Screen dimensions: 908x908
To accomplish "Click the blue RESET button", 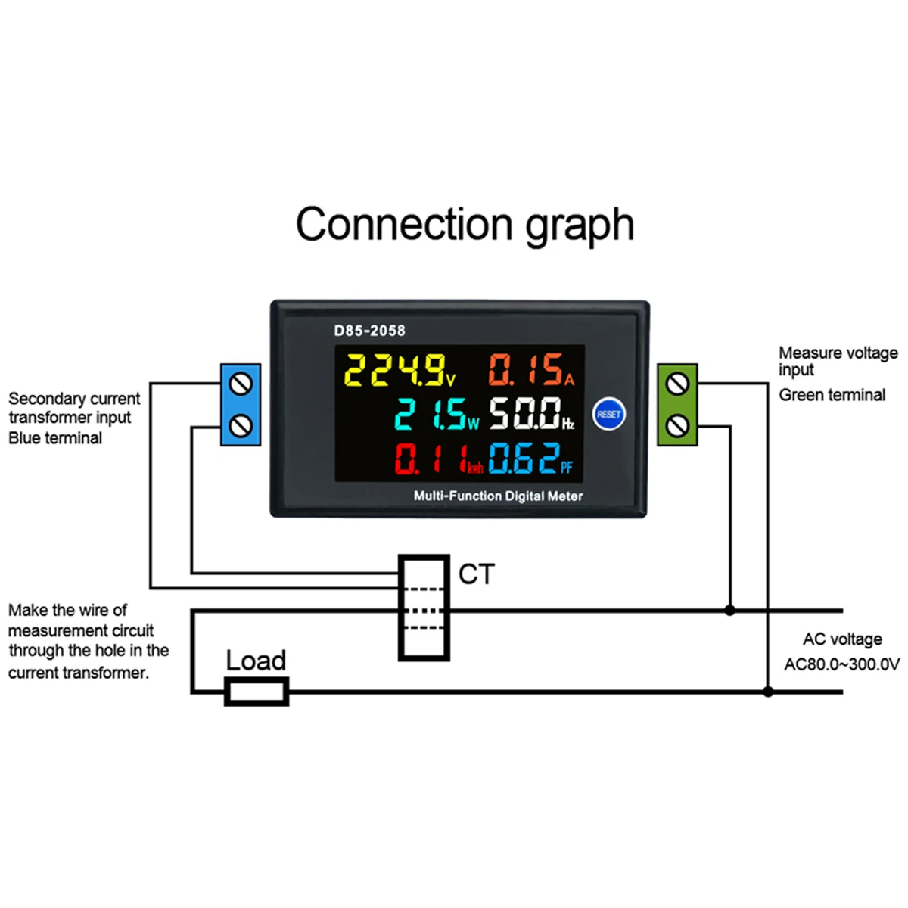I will coord(608,414).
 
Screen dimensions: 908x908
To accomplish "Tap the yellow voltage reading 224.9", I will coord(395,370).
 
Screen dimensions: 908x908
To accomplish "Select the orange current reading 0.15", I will coord(526,370).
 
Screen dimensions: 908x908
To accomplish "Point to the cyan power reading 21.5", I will coord(431,414).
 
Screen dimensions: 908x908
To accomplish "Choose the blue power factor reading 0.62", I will coord(524,459).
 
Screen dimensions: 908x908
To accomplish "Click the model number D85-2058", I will coord(369,331).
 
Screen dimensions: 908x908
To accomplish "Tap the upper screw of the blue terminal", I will coord(241,385).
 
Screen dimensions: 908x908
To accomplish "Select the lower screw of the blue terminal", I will coord(241,426).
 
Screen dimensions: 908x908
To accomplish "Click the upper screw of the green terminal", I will coord(677,385).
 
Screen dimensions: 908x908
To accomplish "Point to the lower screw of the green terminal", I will coord(677,426).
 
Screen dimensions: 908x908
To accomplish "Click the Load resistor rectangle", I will coord(257,692).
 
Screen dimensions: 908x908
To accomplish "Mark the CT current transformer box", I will coord(424,608).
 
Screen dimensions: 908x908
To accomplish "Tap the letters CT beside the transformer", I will coord(476,575).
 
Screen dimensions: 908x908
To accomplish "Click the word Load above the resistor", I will coord(256,661).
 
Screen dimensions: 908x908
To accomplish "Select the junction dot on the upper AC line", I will coord(729,610).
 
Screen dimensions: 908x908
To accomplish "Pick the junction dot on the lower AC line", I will coord(768,692).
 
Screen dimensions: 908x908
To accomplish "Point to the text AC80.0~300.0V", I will coord(841,664).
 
